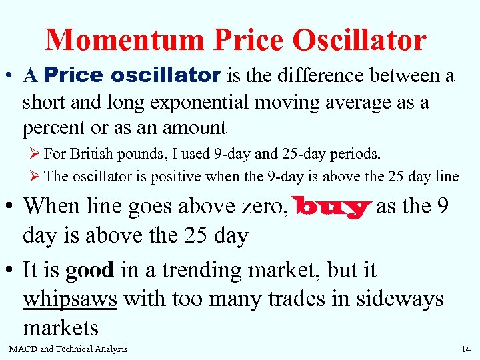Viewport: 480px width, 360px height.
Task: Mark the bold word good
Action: [90, 270]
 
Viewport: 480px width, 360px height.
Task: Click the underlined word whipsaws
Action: [70, 299]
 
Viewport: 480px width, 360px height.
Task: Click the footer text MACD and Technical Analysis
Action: [68, 349]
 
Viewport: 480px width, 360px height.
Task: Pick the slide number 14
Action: [465, 349]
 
